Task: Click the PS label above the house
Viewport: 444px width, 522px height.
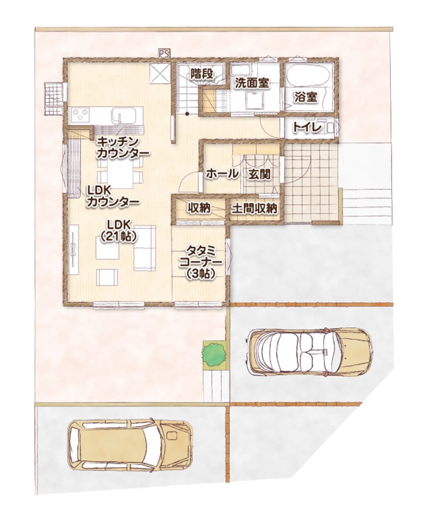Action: (x=164, y=53)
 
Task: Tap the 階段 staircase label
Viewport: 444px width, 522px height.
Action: (x=202, y=74)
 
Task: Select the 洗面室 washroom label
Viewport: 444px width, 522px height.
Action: (x=252, y=83)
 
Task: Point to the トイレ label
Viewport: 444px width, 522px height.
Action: (x=307, y=127)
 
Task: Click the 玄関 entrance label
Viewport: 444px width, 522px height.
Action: (x=259, y=174)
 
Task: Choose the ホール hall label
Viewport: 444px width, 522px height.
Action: (x=222, y=173)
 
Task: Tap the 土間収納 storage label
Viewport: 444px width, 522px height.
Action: (x=254, y=208)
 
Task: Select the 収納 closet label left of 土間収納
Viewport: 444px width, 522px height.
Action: (x=199, y=208)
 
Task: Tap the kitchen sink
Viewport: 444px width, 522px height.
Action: (x=125, y=116)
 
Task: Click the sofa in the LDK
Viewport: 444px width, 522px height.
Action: (x=145, y=248)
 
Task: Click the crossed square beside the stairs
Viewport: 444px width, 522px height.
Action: (x=160, y=74)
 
